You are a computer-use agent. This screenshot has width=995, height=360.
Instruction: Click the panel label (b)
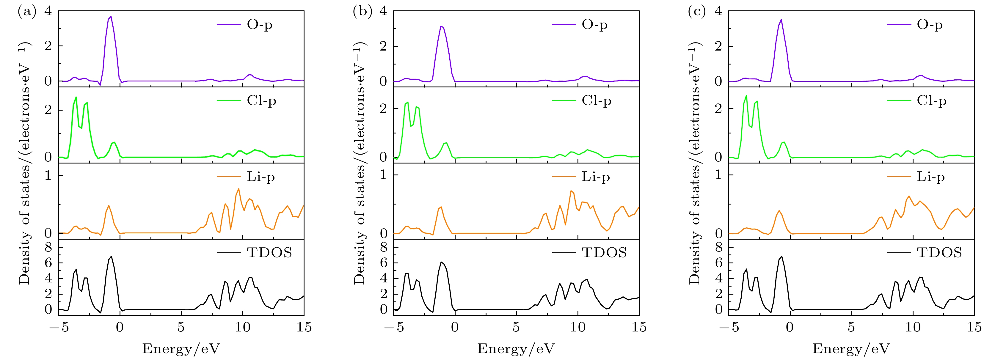pyautogui.click(x=362, y=11)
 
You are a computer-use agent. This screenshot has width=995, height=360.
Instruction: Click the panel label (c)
pyautogui.click(x=697, y=11)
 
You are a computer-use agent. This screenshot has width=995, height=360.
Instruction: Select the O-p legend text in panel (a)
pyautogui.click(x=260, y=25)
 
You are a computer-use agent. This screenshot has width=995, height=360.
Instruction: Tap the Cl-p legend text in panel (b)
pyautogui.click(x=597, y=101)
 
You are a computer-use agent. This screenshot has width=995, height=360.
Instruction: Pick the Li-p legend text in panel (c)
pyautogui.click(x=931, y=177)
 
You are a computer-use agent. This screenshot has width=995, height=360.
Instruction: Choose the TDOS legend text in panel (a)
pyautogui.click(x=269, y=253)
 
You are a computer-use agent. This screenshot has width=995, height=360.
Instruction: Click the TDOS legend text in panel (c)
pyautogui.click(x=939, y=253)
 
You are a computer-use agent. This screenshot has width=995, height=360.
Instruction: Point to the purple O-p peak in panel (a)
pyautogui.click(x=111, y=17)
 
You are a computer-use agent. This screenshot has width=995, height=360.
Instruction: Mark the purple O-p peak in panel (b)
pyautogui.click(x=441, y=27)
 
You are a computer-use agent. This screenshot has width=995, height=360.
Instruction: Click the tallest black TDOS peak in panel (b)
pyautogui.click(x=441, y=262)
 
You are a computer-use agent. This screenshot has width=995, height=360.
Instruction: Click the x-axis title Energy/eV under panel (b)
pyautogui.click(x=516, y=349)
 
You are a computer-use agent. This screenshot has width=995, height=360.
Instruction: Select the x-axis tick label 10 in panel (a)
pyautogui.click(x=243, y=328)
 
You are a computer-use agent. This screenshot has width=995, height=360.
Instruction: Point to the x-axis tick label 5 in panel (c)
pyautogui.click(x=851, y=328)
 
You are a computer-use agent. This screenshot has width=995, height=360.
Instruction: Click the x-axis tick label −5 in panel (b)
pyautogui.click(x=394, y=328)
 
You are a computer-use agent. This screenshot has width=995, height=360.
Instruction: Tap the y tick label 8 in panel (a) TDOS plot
pyautogui.click(x=48, y=248)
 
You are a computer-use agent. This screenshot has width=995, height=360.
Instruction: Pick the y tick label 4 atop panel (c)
pyautogui.click(x=718, y=11)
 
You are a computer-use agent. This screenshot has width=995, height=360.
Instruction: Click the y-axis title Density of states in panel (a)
pyautogui.click(x=24, y=162)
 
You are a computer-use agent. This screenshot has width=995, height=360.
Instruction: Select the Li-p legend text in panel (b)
pyautogui.click(x=596, y=177)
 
